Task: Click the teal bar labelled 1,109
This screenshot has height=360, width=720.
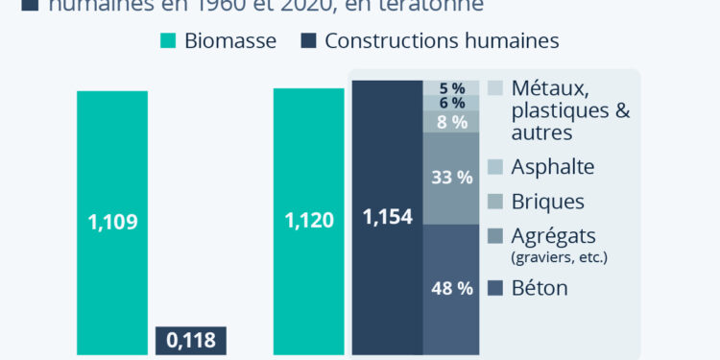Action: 112,222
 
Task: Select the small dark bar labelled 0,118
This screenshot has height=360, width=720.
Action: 190,340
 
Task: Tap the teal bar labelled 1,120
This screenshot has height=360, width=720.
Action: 309,221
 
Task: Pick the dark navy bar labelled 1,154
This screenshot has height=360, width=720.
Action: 388,217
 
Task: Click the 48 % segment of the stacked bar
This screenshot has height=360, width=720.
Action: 451,289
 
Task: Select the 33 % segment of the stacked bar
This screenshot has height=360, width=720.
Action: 451,178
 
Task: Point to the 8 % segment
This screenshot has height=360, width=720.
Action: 451,122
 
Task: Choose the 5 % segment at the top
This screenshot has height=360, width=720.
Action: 451,88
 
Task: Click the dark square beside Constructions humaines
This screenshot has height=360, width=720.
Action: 308,41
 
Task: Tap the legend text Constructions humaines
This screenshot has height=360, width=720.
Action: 442,41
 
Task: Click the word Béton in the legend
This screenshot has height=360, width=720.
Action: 540,288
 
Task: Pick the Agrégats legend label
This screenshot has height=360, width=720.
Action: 554,235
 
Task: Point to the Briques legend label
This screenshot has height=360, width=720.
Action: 549,202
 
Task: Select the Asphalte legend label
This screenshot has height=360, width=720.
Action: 554,167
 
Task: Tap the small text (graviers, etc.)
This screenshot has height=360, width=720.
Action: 562,256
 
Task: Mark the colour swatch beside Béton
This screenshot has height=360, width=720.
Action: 494,288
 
